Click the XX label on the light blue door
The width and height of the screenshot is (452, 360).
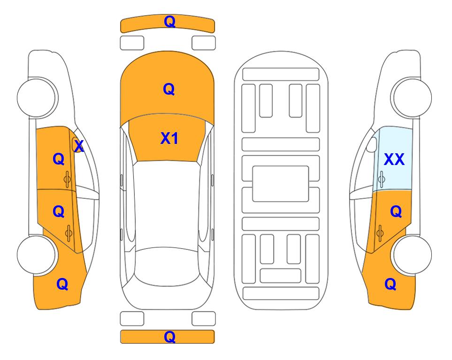pyautogui.click(x=394, y=159)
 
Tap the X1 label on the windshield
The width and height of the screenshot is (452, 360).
pyautogui.click(x=169, y=138)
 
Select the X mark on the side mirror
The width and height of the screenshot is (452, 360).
pyautogui.click(x=79, y=146)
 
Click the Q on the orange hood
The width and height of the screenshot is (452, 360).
pyautogui.click(x=169, y=89)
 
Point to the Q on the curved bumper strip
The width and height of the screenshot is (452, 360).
pyautogui.click(x=169, y=22)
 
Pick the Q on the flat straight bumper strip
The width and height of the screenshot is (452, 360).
pyautogui.click(x=169, y=337)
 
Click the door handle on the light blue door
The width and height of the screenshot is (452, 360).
pyautogui.click(x=381, y=179)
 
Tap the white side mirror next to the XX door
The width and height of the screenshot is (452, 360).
pyautogui.click(x=372, y=144)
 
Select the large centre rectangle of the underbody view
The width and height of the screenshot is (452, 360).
pyautogui.click(x=281, y=184)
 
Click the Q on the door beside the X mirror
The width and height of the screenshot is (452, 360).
pyautogui.click(x=59, y=159)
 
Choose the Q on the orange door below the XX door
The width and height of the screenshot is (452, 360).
pyautogui.click(x=396, y=212)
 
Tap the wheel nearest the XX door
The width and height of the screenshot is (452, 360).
pyautogui.click(x=411, y=97)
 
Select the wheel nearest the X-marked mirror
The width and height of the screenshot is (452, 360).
pyautogui.click(x=38, y=97)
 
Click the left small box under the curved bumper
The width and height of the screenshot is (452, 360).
pyautogui.click(x=132, y=43)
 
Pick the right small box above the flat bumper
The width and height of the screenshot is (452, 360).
pyautogui.click(x=204, y=319)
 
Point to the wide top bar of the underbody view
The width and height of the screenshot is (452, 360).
pyautogui.click(x=281, y=75)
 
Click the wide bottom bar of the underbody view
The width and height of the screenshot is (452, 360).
pyautogui.click(x=281, y=293)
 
